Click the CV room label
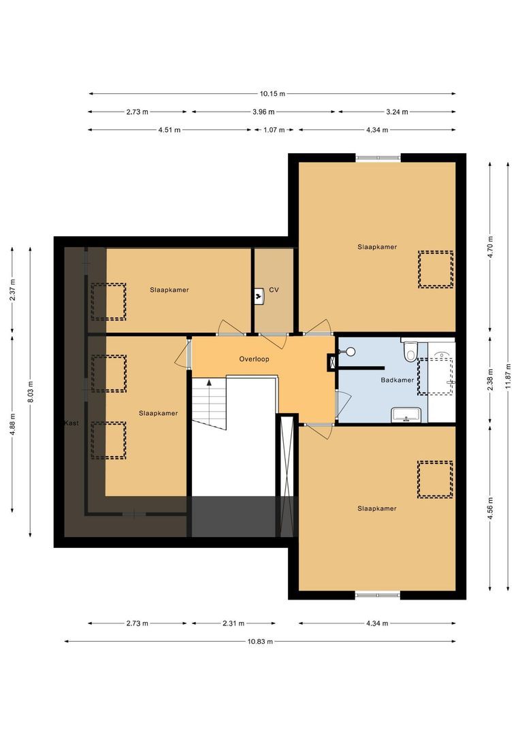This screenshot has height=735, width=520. click(274, 289)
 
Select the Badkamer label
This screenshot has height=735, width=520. click(397, 380)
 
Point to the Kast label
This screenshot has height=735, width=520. click(71, 423)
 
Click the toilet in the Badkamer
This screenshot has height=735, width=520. click(410, 352)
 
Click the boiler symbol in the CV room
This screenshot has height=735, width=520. click(259, 295)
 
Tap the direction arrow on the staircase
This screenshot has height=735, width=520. click(209, 383)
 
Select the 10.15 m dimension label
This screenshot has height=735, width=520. click(272, 94)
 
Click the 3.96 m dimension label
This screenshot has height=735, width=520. click(262, 112)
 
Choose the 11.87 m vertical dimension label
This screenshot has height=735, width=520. click(508, 376)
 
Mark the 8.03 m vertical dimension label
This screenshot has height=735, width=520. click(31, 392)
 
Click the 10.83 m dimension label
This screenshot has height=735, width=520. click(260, 641)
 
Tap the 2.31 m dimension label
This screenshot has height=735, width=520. click(233, 623)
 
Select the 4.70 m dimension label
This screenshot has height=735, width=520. click(490, 244)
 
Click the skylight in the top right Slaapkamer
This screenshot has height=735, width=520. click(435, 269)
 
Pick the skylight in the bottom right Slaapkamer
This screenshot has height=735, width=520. click(435, 479)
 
